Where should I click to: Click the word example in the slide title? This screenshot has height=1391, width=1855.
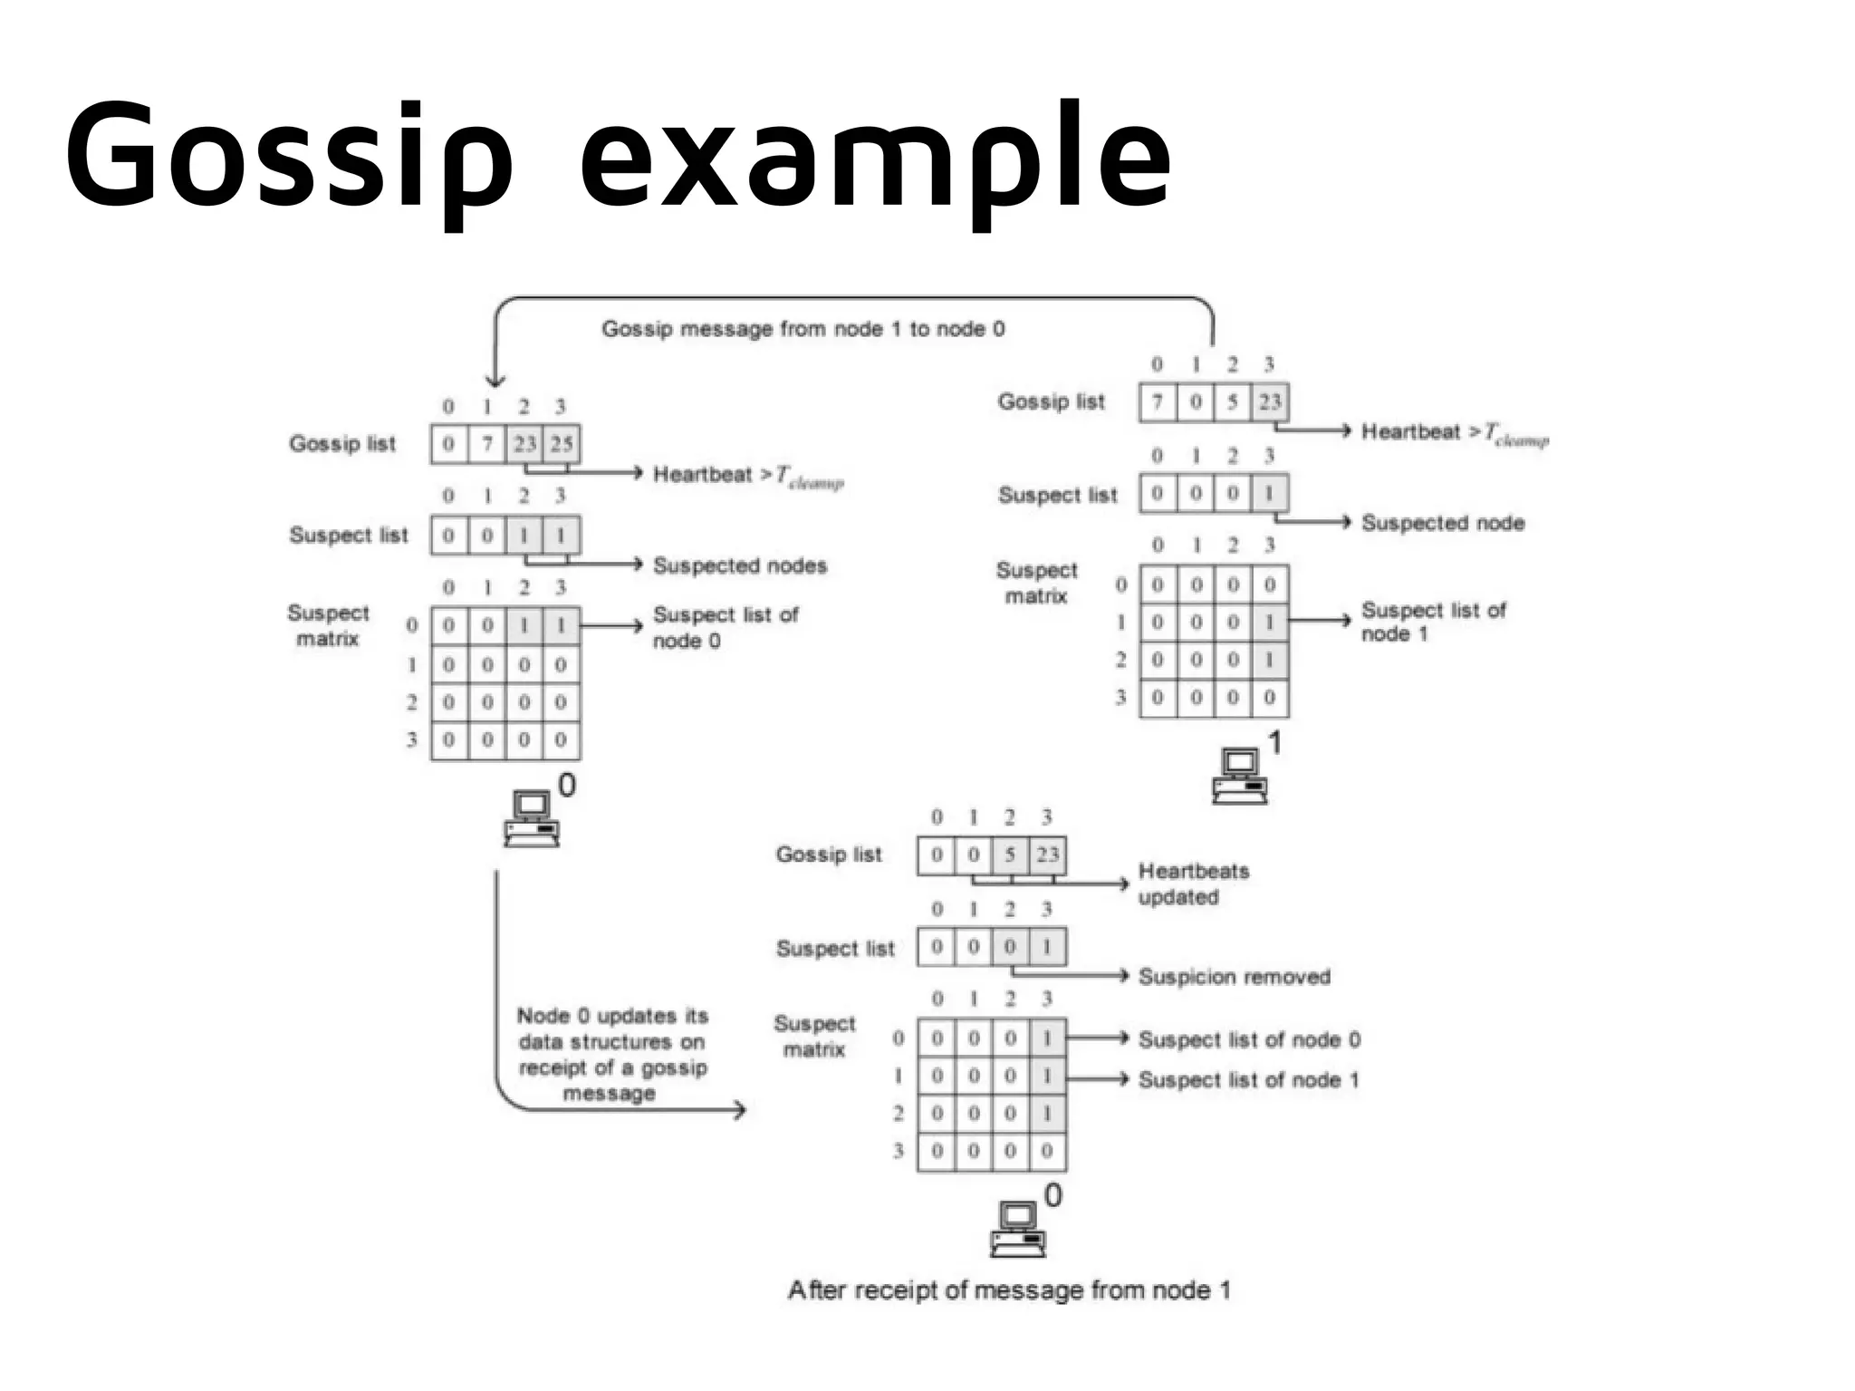point(875,154)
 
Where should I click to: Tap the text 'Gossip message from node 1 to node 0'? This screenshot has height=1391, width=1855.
point(803,329)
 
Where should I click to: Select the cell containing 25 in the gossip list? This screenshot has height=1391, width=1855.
point(562,444)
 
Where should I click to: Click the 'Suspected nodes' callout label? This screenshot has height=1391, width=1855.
point(740,565)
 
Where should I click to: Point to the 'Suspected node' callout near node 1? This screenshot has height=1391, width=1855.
point(1443,523)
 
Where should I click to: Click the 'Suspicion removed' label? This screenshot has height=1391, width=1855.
point(1234,977)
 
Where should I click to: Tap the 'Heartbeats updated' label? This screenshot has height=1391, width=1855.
point(1193,884)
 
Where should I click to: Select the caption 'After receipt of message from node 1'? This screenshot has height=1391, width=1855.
point(1009,1290)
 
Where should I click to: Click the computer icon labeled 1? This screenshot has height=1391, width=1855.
point(1240,777)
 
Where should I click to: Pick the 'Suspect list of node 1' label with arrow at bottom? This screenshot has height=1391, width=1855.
point(1248,1080)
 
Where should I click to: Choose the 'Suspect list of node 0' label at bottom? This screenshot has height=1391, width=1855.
point(1249,1039)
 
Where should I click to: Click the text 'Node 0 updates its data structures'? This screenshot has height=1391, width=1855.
point(612,1029)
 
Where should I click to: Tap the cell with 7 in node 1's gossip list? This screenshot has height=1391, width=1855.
point(1158,401)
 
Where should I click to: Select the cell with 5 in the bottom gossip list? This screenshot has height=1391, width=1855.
point(1010,855)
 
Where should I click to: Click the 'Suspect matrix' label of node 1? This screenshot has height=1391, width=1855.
point(1036,583)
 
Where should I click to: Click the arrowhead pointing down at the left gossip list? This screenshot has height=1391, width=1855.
point(495,381)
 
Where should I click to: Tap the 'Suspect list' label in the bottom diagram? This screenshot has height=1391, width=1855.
point(834,949)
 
